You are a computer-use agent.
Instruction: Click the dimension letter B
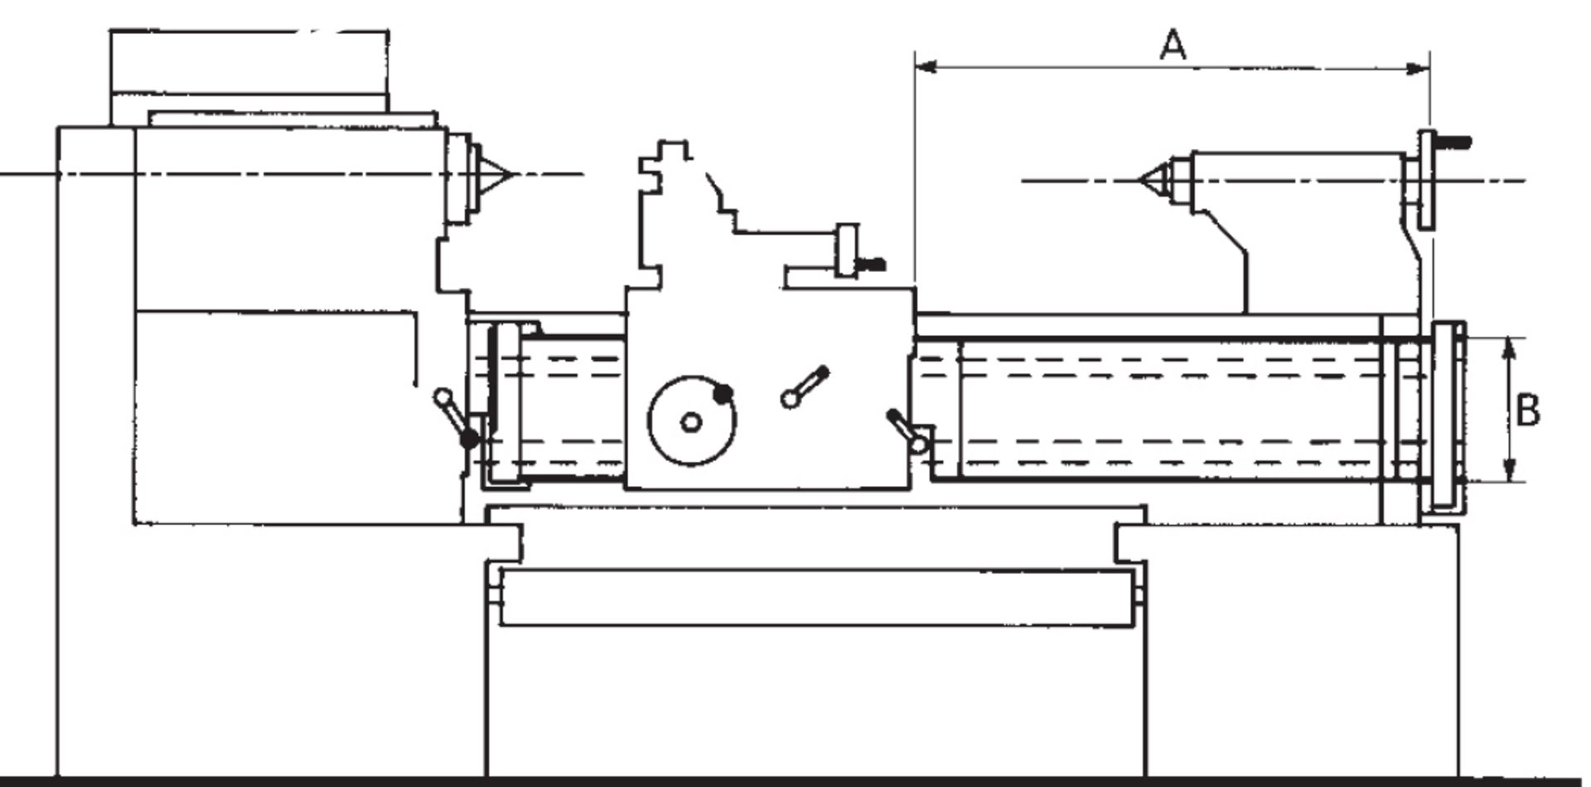coord(1528,411)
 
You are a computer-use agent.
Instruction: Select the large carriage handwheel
coord(690,421)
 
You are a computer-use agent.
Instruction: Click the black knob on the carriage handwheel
coord(723,394)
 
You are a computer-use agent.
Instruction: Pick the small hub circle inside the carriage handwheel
coord(690,423)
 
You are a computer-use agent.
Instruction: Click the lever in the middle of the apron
coord(805,386)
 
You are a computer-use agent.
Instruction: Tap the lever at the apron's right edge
coord(906,430)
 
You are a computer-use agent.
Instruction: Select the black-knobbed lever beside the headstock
coord(457,419)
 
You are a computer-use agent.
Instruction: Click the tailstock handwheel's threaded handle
coord(1452,142)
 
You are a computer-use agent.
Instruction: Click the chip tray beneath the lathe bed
coord(816,596)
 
